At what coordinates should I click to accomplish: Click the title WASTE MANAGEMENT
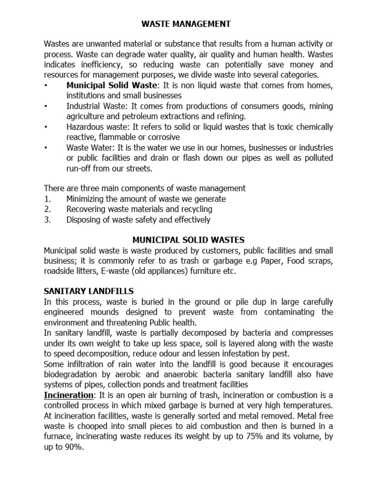(189, 23)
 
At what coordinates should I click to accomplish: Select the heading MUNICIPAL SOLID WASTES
(188, 240)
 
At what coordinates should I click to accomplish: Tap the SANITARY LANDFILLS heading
(89, 291)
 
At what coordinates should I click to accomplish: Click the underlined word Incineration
(69, 395)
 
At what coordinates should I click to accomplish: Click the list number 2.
(47, 209)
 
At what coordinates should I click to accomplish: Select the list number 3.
(47, 220)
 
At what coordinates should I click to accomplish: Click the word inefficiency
(106, 65)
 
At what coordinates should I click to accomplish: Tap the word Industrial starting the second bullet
(83, 106)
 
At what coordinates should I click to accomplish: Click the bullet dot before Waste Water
(46, 148)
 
